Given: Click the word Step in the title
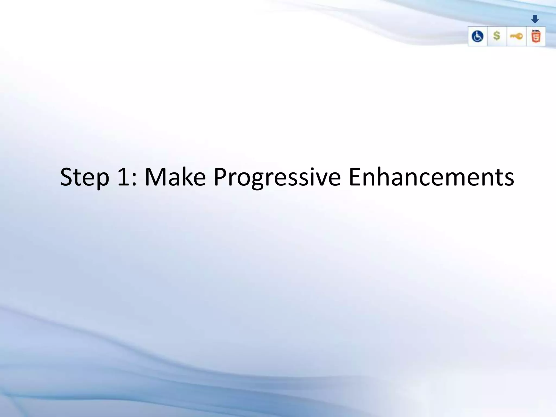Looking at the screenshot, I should point(84,177).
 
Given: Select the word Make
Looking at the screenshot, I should point(175,177).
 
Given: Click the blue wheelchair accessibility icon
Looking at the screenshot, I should point(477,36).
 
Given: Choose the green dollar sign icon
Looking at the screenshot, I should point(497,36).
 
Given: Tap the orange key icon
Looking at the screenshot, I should point(516,36).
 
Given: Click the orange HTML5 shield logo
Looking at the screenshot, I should point(536,37).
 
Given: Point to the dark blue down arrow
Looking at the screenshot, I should point(535,19).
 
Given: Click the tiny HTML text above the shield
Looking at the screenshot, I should point(536,30).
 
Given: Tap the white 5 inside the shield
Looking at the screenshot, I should point(536,38).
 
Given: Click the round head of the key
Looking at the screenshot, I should point(520,36).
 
